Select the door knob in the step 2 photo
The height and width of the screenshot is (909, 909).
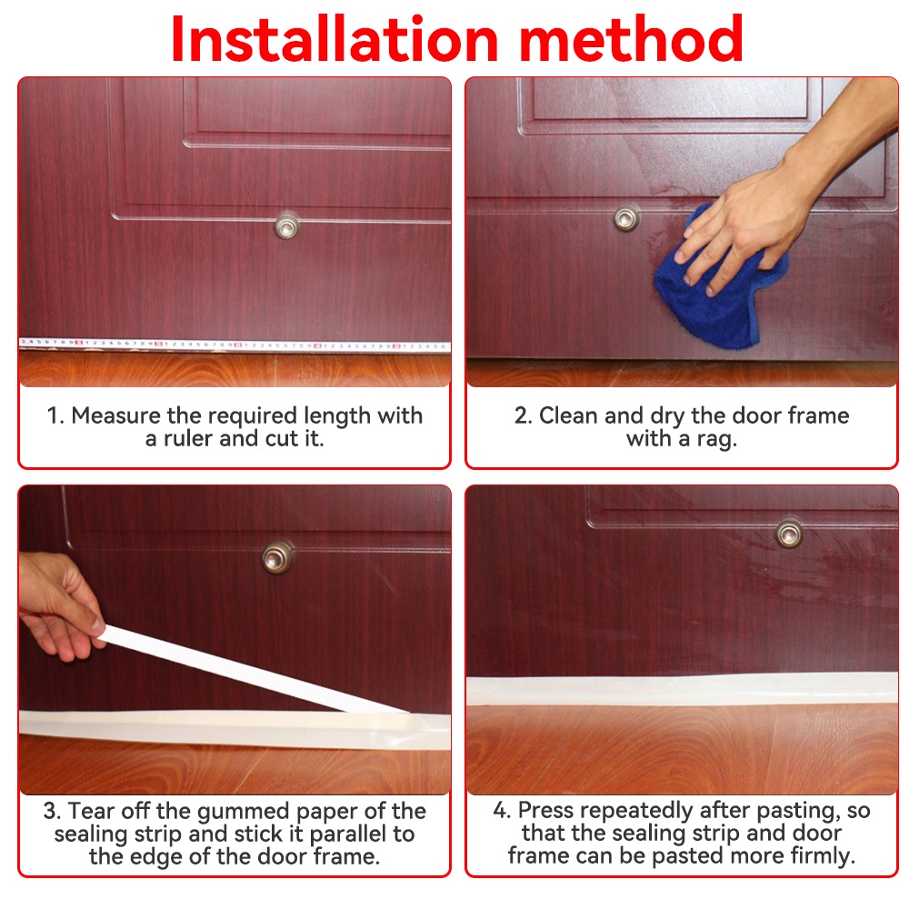click(x=626, y=218)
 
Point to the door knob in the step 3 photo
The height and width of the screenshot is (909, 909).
click(x=277, y=558)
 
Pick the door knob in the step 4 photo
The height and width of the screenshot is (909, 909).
click(x=789, y=534)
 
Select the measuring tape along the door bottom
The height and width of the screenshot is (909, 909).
click(x=235, y=345)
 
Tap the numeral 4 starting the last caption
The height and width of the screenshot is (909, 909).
click(x=500, y=811)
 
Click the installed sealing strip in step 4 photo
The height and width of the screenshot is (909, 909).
click(x=683, y=689)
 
